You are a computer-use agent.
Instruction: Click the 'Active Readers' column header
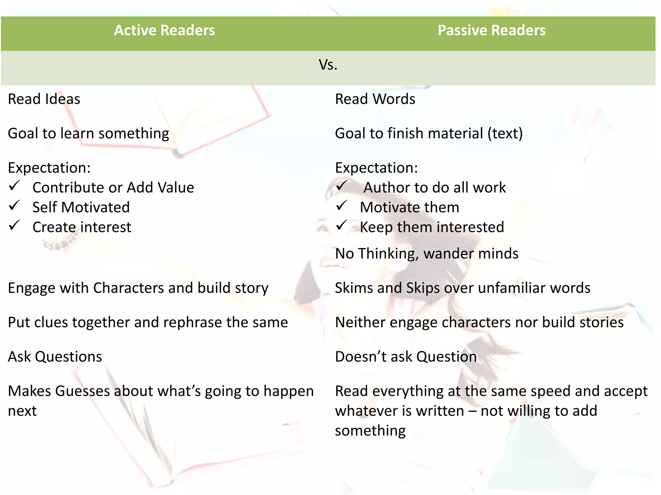click(x=164, y=30)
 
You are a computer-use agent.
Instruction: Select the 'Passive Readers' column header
click(x=491, y=30)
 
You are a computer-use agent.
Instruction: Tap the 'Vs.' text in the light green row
click(x=328, y=65)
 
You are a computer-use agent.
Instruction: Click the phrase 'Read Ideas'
click(x=44, y=99)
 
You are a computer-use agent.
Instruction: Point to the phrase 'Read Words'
click(x=375, y=99)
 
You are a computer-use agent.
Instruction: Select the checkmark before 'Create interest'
click(x=15, y=225)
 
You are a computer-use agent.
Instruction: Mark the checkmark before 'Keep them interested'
click(x=341, y=225)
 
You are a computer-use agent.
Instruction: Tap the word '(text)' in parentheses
click(x=505, y=133)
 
